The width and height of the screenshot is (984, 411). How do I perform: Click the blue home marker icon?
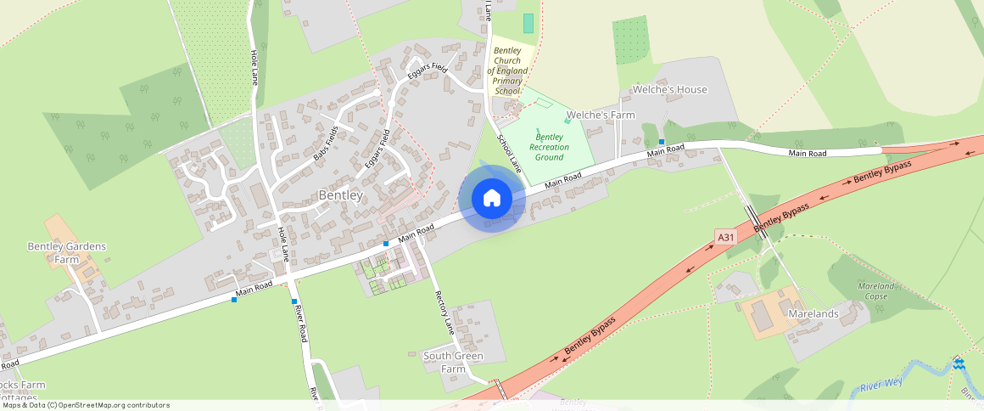point(492,199)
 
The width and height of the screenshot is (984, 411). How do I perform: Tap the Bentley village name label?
point(340,195)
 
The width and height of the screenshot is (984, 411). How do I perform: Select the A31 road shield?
point(725,237)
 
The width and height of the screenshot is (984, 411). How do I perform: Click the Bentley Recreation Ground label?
point(549,147)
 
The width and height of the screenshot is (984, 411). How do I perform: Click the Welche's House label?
point(669,89)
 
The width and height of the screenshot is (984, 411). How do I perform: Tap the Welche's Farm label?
point(600,115)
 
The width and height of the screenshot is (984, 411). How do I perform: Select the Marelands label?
point(813,313)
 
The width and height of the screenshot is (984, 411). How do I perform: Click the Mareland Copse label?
point(871,291)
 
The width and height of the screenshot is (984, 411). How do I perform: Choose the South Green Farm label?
point(453,363)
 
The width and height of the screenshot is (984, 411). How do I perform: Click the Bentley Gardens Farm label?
point(67,252)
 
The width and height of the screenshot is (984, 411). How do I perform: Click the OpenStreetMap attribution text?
point(86,405)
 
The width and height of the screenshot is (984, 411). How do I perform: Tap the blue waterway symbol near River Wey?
point(958,364)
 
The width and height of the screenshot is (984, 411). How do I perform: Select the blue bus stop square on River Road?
point(294,301)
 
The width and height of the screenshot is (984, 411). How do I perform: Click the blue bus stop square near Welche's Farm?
point(662,141)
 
